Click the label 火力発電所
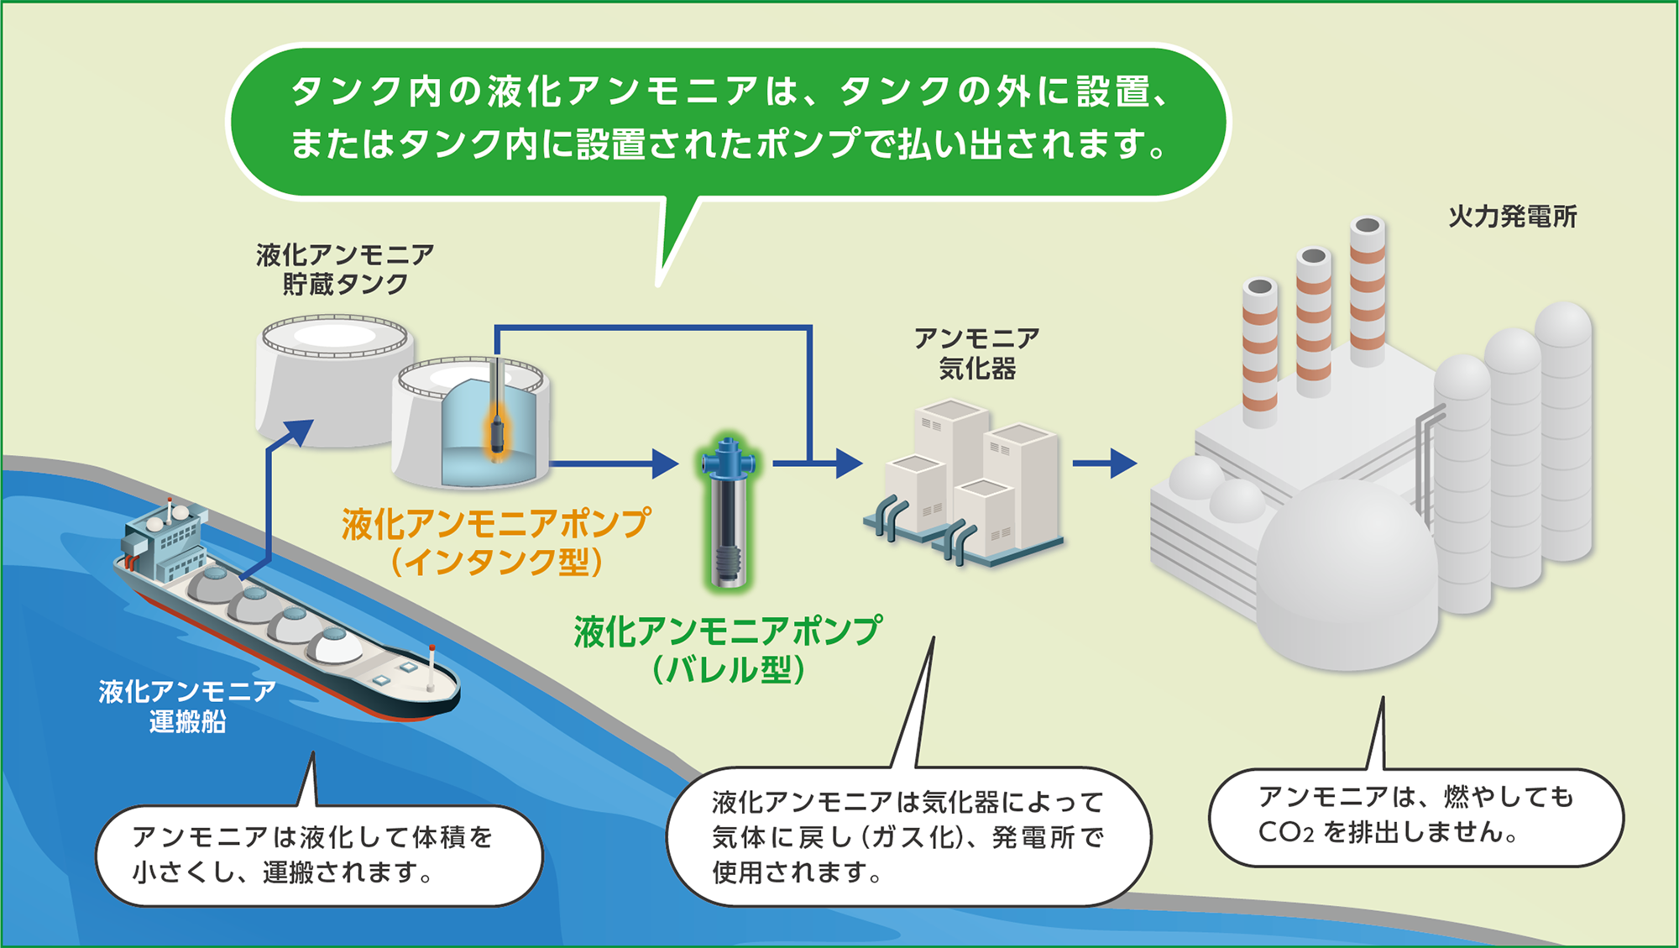tap(1512, 217)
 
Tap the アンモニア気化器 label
tap(976, 354)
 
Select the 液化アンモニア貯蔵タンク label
tap(345, 270)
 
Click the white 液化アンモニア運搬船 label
tap(186, 706)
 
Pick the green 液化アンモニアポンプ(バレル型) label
tap(728, 649)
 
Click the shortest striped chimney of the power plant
tap(1259, 353)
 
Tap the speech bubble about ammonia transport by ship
tap(319, 855)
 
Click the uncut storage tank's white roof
tap(334, 336)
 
